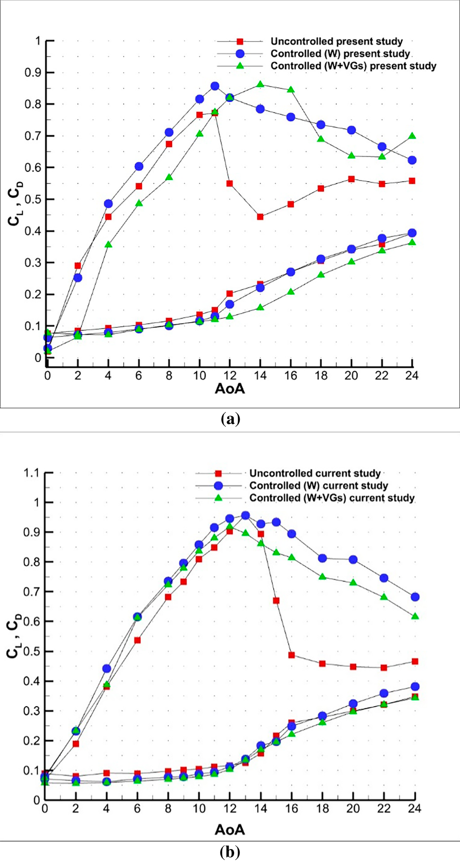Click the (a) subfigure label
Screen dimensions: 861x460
[230, 419]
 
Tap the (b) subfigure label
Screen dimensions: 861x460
[230, 852]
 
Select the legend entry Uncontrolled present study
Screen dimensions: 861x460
[336, 41]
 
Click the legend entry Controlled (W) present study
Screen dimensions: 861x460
[340, 54]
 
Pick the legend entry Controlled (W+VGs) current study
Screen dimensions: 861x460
[332, 498]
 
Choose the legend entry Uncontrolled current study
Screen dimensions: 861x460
[315, 473]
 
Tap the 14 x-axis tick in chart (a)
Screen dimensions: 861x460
[260, 376]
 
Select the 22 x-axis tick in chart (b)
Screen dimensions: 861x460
[384, 809]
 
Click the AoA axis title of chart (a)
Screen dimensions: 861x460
[230, 389]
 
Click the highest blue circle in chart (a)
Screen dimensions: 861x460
[215, 86]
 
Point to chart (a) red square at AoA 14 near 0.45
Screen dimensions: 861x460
[260, 217]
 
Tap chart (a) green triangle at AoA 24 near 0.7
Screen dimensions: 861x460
[412, 136]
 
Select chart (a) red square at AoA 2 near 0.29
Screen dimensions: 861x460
[78, 266]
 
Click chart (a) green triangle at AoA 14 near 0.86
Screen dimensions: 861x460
[260, 84]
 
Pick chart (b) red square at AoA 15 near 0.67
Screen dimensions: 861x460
[276, 600]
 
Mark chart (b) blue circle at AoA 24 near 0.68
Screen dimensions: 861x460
[415, 597]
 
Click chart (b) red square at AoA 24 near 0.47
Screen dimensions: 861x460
[415, 661]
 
